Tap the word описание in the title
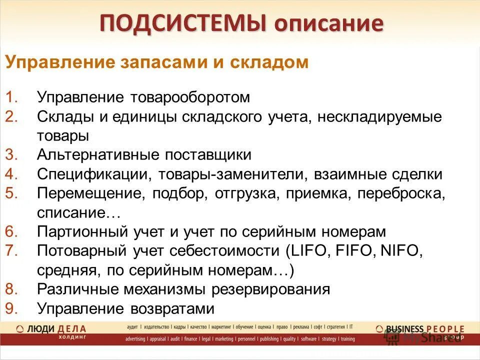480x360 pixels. [x=326, y=24]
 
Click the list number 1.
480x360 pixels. [x=12, y=97]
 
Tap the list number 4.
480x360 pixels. [x=12, y=174]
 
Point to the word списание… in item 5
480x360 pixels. [x=79, y=213]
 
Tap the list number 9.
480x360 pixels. [x=12, y=309]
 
